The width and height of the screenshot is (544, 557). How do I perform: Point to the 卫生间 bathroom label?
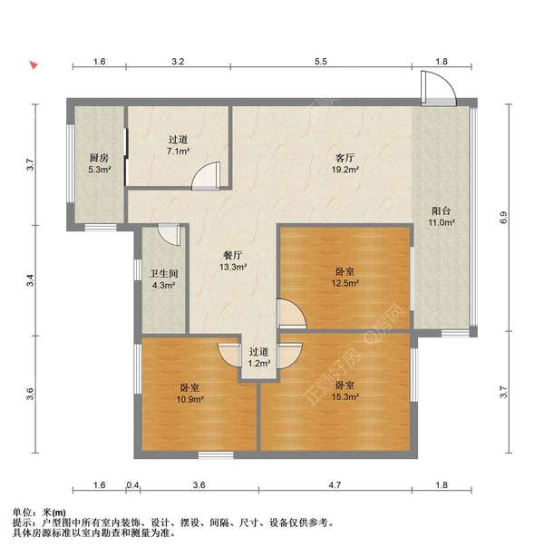pos(163,273)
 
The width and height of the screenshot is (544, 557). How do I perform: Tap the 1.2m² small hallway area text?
pos(259,363)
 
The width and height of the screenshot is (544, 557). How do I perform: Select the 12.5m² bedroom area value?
pos(345,283)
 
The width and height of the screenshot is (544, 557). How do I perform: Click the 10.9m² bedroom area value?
pos(190,399)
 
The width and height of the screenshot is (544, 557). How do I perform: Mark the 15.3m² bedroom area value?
pos(345,396)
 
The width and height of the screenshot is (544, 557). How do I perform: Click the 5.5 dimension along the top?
pos(320,62)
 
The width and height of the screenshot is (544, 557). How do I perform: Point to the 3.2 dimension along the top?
pos(178,62)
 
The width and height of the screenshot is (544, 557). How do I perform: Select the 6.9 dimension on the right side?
pos(503,217)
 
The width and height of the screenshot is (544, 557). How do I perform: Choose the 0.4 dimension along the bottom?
pos(133,486)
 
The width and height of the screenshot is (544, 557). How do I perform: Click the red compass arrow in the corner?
pos(34,65)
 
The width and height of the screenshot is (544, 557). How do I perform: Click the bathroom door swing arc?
pos(169,234)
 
